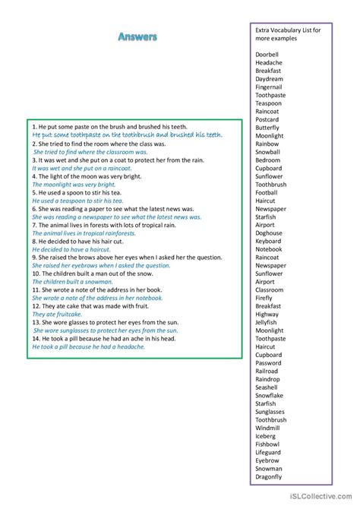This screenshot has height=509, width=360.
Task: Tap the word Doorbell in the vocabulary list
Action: (x=267, y=55)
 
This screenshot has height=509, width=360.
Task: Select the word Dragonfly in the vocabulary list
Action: (x=269, y=477)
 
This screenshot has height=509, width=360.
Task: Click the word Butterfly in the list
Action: (x=267, y=128)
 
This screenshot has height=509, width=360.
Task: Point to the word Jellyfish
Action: (x=267, y=323)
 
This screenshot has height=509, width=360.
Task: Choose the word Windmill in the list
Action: (x=267, y=428)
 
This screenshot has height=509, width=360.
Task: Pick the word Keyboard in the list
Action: (x=268, y=242)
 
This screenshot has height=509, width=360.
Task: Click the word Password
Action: (x=268, y=363)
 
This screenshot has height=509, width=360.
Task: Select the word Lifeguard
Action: (x=269, y=453)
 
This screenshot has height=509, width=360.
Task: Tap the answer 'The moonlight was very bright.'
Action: (x=74, y=184)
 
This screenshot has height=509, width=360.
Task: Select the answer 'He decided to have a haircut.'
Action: (x=71, y=248)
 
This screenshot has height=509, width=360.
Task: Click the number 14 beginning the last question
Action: (x=36, y=338)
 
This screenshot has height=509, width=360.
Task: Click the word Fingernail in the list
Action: (x=269, y=87)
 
